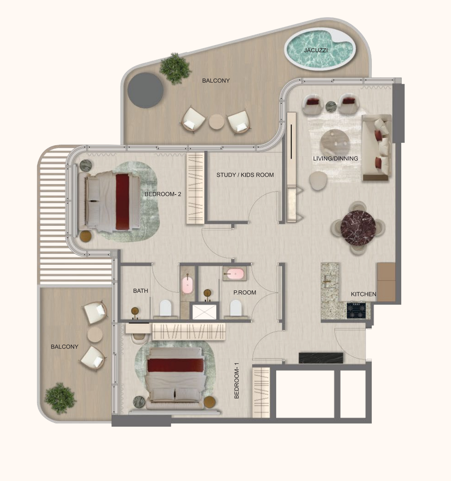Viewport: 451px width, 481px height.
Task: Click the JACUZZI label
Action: (316, 50)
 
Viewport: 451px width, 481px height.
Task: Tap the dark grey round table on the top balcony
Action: (145, 90)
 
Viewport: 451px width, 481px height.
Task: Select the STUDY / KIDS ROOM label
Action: (245, 175)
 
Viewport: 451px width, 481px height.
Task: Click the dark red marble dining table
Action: (358, 228)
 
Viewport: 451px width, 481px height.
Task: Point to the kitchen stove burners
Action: (356, 310)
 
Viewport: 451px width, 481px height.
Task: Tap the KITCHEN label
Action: (363, 294)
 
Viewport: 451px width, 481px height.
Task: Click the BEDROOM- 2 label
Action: (163, 194)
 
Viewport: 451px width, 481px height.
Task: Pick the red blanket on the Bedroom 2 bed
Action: (122, 202)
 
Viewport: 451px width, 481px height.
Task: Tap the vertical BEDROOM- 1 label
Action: (237, 381)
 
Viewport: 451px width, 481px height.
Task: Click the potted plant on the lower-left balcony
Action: (60, 398)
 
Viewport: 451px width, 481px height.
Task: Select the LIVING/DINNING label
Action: (335, 159)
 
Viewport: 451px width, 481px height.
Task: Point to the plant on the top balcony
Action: (175, 68)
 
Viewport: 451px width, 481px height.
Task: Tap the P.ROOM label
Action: (245, 292)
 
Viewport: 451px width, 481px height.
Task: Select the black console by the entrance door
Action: (321, 358)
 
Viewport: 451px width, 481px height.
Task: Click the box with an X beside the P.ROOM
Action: (204, 312)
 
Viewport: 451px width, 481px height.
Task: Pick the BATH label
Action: (141, 291)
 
